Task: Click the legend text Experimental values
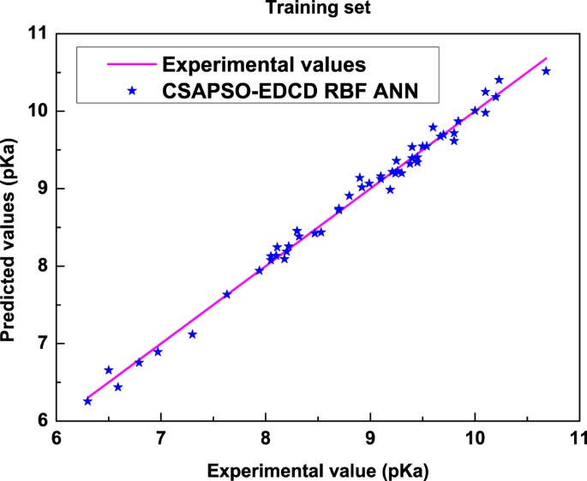(265, 64)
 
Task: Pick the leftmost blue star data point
(87, 401)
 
